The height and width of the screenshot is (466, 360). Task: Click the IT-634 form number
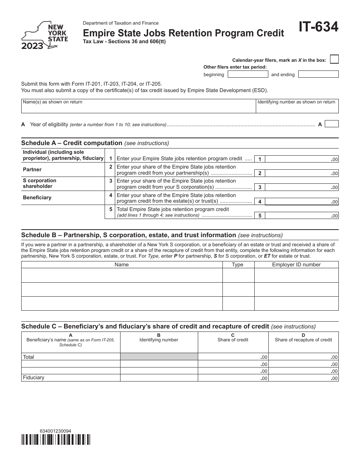pos(318,28)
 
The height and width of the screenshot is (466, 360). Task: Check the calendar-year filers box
pos(334,59)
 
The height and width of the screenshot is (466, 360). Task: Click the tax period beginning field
pos(247,74)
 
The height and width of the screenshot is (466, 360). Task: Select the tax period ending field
pos(318,74)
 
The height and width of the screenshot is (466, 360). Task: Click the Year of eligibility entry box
pos(332,124)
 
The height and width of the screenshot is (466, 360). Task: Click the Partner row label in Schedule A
pos(32,169)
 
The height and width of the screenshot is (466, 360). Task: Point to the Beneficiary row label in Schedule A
pos(37,197)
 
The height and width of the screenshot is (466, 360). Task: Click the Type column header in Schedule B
pos(238,264)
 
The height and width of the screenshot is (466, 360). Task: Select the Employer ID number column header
pos(296,264)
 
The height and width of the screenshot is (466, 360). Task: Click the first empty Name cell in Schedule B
pos(122,275)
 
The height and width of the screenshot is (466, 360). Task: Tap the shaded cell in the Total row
pos(159,357)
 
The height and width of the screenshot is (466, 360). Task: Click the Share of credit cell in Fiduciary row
pos(233,378)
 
